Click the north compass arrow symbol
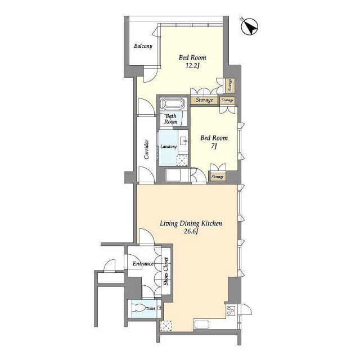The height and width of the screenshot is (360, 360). coord(250,26)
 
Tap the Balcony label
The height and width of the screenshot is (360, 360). coord(143,46)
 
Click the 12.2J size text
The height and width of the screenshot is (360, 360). coord(192,66)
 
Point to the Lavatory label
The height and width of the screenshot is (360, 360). coord(168,146)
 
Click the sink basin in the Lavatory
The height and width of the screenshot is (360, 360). coord(183,141)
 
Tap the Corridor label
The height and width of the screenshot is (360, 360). coord(146,149)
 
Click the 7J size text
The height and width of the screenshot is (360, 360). coord(214,146)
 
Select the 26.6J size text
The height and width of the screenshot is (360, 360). coord(191,231)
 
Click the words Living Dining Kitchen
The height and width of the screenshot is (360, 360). coord(191,223)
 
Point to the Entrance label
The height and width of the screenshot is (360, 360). coord(143,264)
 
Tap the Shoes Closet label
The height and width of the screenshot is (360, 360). coord(166,271)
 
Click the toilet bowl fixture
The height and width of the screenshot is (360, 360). coord(139,308)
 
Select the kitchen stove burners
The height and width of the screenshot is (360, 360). coord(230,310)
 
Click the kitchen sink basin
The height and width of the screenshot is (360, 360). coord(202,325)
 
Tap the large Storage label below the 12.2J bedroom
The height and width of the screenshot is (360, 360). coord(204,100)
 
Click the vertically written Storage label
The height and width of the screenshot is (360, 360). coord(230,85)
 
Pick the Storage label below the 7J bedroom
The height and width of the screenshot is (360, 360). coord(217,177)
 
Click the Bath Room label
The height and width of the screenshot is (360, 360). coord(171,119)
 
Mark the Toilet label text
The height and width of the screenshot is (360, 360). coord(150,309)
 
